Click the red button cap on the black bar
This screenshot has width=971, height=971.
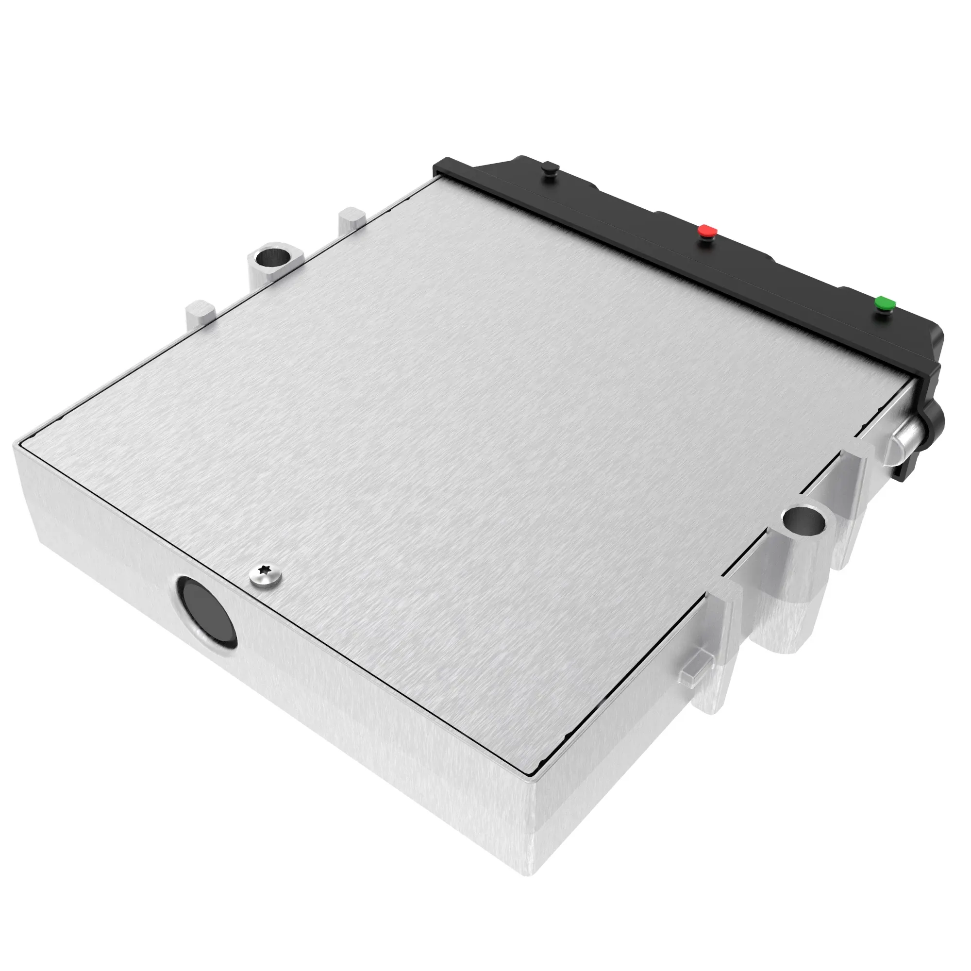[x=708, y=231]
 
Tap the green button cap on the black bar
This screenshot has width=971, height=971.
[x=885, y=303]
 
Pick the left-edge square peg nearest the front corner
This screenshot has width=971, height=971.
[x=200, y=312]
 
